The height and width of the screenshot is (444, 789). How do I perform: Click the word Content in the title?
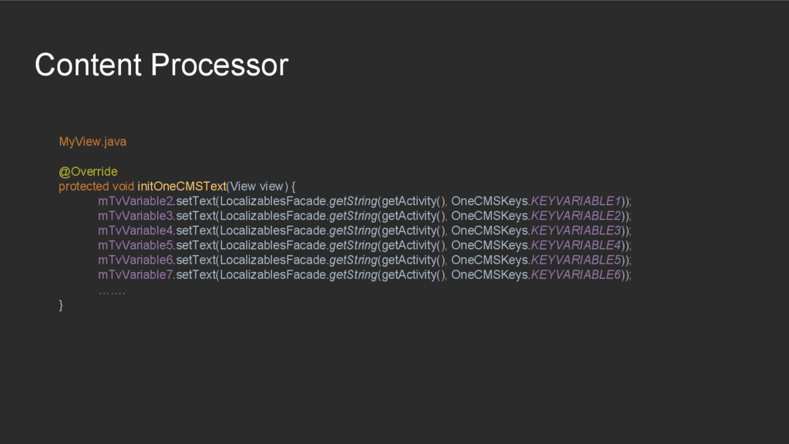click(88, 65)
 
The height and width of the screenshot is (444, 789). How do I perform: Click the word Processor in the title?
click(219, 65)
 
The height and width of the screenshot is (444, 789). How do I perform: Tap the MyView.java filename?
click(92, 142)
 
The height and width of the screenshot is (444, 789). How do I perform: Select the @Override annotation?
click(88, 171)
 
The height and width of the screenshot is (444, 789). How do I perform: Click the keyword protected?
click(84, 186)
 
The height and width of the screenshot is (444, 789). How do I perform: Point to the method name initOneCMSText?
click(182, 186)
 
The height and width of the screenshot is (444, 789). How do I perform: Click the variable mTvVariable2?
click(136, 201)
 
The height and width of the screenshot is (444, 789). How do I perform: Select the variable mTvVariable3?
click(136, 216)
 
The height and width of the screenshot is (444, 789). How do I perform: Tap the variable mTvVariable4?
click(136, 230)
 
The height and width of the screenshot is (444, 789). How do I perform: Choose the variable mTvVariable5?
click(136, 245)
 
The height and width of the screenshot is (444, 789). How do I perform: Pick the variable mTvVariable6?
click(136, 260)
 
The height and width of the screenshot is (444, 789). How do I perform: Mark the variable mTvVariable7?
click(136, 274)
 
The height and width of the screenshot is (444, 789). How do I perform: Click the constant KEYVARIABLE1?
click(576, 201)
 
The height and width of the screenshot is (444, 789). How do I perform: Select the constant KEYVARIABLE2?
click(576, 216)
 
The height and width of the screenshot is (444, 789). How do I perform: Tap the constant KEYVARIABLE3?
click(576, 230)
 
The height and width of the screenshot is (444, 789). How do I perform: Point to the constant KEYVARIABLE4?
click(576, 245)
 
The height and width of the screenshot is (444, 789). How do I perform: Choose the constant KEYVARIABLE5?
click(576, 260)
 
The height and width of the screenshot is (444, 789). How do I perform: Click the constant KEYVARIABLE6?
click(576, 274)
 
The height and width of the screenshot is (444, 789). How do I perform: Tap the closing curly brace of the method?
click(62, 305)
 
